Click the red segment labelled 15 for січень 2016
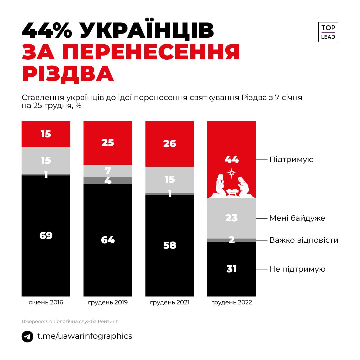coord(46,134)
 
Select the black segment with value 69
coord(46,235)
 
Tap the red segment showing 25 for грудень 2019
coord(108,143)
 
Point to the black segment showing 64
coord(108,240)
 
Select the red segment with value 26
coord(169,144)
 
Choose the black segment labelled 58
coord(169,245)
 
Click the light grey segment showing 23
coord(231,218)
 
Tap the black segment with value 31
coord(231,269)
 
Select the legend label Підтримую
coord(291,159)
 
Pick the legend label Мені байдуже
coord(297,218)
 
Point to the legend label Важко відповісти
coord(304,240)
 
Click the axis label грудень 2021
coord(170,303)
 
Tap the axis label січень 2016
coord(46,303)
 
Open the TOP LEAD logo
coord(328,32)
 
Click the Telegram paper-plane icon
coord(28,336)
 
